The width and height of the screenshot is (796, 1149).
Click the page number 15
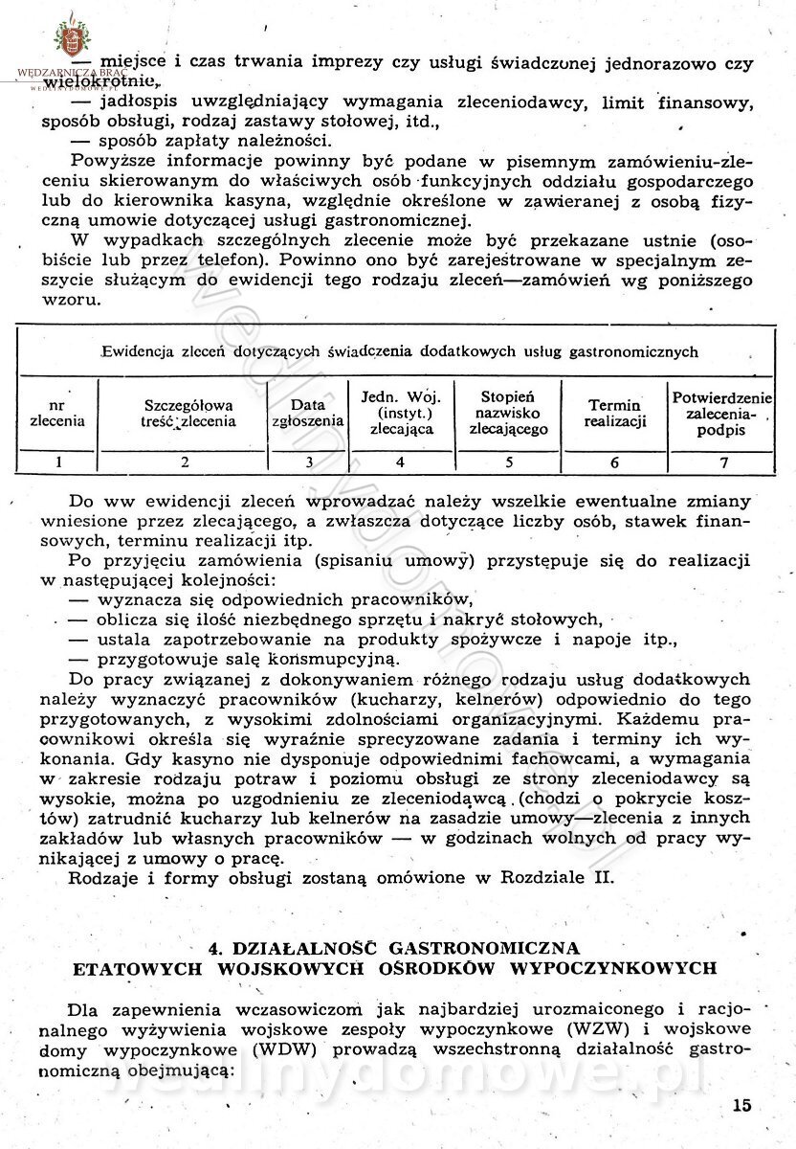(x=741, y=1104)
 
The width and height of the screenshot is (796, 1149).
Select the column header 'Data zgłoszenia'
(x=308, y=412)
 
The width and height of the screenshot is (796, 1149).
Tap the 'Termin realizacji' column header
(x=615, y=413)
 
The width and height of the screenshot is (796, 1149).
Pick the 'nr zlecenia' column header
(x=57, y=412)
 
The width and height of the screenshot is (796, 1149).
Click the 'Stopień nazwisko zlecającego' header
(x=508, y=413)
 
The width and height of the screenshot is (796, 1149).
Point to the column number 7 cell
(x=723, y=462)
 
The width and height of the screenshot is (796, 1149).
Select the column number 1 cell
(x=57, y=462)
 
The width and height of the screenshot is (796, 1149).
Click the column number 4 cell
(x=400, y=462)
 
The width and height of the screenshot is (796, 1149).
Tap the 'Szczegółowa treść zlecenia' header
(x=185, y=413)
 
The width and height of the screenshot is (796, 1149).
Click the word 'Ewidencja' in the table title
(x=148, y=351)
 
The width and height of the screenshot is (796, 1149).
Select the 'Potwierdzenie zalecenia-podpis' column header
(x=723, y=413)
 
